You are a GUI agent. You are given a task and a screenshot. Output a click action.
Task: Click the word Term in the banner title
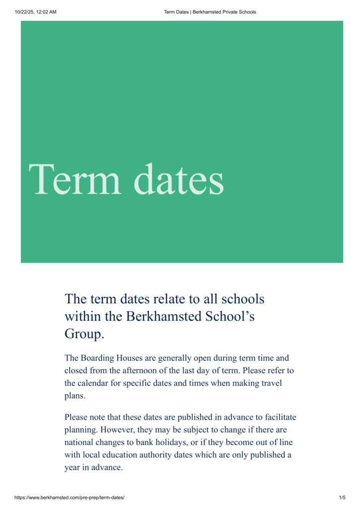click(75, 179)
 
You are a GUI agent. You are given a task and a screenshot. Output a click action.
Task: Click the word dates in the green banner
click(179, 179)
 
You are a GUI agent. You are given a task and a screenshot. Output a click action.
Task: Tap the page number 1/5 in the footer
click(342, 498)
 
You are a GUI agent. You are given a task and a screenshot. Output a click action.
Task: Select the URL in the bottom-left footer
click(69, 498)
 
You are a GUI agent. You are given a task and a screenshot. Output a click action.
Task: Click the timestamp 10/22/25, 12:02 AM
click(36, 12)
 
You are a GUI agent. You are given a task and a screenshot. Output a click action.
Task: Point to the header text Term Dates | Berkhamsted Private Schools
click(210, 12)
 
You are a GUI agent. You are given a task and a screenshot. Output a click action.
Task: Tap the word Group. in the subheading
click(85, 334)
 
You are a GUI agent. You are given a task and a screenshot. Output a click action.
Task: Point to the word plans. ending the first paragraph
click(75, 396)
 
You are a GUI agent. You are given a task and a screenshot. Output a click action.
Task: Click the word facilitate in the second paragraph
click(279, 417)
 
